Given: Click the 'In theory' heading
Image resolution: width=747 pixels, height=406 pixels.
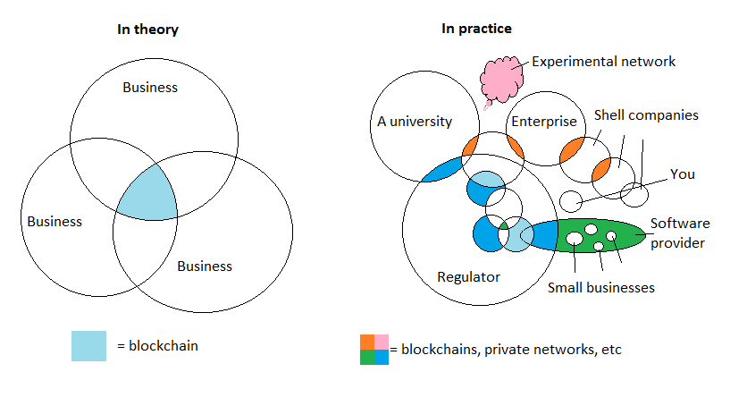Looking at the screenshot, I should [x=147, y=30].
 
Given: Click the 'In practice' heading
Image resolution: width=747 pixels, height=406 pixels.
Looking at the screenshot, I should [x=476, y=30].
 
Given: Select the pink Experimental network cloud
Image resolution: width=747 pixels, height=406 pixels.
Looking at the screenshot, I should [x=503, y=77].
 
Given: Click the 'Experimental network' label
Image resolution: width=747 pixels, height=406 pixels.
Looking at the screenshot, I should [x=603, y=62].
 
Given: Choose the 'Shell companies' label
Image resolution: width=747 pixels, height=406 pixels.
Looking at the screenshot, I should [x=646, y=115].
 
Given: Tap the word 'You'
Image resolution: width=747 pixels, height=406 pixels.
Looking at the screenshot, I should [x=682, y=174].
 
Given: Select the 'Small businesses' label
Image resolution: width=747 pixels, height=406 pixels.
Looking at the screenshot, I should [x=601, y=288].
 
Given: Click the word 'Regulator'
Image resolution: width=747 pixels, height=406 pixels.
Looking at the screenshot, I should [x=468, y=277].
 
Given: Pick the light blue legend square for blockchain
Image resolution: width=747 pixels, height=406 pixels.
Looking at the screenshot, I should [x=88, y=345].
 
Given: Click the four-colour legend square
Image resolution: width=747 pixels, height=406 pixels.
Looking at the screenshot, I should [x=374, y=350].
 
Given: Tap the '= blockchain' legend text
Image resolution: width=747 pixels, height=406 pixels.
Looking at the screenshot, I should [x=157, y=346].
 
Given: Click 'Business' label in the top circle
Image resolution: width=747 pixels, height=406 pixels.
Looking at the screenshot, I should [x=150, y=88].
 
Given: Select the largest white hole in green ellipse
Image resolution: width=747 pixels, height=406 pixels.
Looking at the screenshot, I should [x=572, y=240].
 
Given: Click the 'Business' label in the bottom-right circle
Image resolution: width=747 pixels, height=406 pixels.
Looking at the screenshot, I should [x=204, y=266].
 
